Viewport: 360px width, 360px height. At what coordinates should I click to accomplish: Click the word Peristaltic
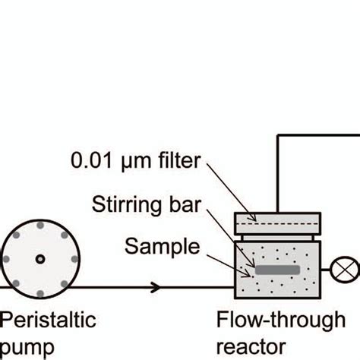(48, 320)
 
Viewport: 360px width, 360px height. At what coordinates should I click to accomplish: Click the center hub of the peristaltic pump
(39, 260)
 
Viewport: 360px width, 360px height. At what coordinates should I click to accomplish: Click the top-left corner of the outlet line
(279, 135)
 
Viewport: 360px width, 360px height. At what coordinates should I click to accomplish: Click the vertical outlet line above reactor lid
(279, 175)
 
